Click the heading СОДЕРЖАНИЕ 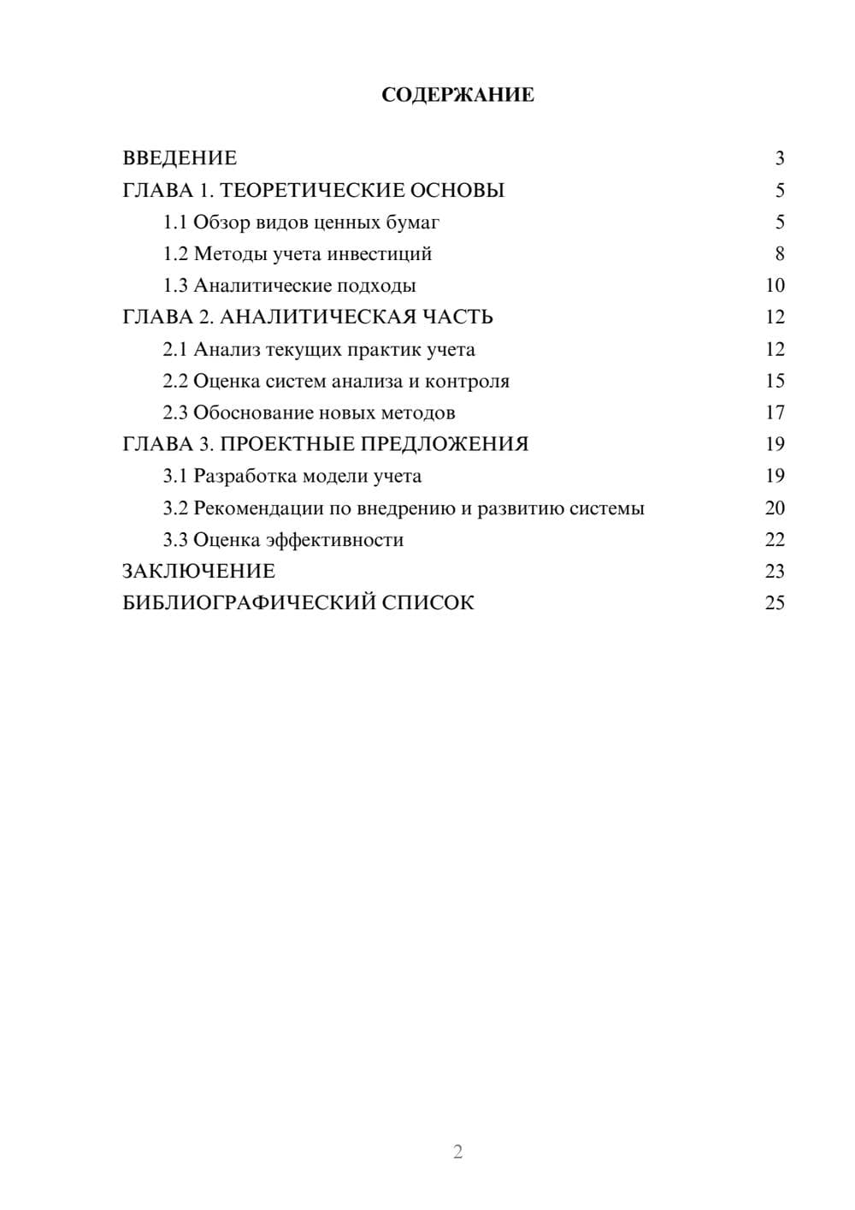pyautogui.click(x=457, y=95)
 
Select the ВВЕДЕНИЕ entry pyautogui.click(x=180, y=158)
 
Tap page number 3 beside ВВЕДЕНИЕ pyautogui.click(x=779, y=158)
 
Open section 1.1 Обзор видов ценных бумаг pyautogui.click(x=301, y=222)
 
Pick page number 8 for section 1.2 pyautogui.click(x=779, y=254)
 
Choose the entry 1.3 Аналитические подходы pyautogui.click(x=289, y=286)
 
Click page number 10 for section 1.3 pyautogui.click(x=775, y=286)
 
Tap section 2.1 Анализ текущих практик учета pyautogui.click(x=318, y=349)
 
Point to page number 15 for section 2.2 pyautogui.click(x=775, y=381)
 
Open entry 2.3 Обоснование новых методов pyautogui.click(x=309, y=412)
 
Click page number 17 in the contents pyautogui.click(x=775, y=412)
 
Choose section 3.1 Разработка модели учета pyautogui.click(x=292, y=476)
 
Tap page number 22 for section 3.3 pyautogui.click(x=775, y=540)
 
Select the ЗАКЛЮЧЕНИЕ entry pyautogui.click(x=198, y=572)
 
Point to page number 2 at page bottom pyautogui.click(x=457, y=1152)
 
